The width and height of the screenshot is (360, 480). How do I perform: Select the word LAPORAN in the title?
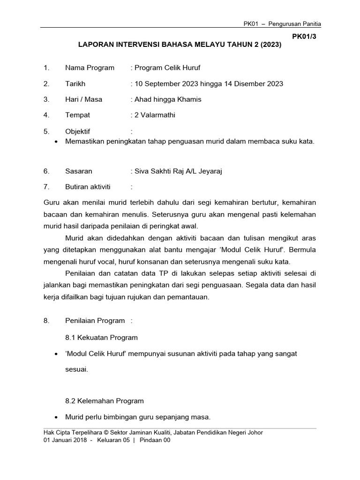(x=97, y=46)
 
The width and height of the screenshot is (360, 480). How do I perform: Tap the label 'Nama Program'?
(x=90, y=68)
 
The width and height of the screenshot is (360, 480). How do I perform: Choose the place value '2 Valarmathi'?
(x=155, y=115)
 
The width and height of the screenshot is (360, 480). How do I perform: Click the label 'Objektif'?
(x=78, y=131)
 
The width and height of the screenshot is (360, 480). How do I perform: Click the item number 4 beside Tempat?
(x=46, y=115)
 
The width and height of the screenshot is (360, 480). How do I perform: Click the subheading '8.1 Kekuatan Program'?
(x=102, y=337)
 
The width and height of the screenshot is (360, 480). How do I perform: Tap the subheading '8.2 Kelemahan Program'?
(x=105, y=401)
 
